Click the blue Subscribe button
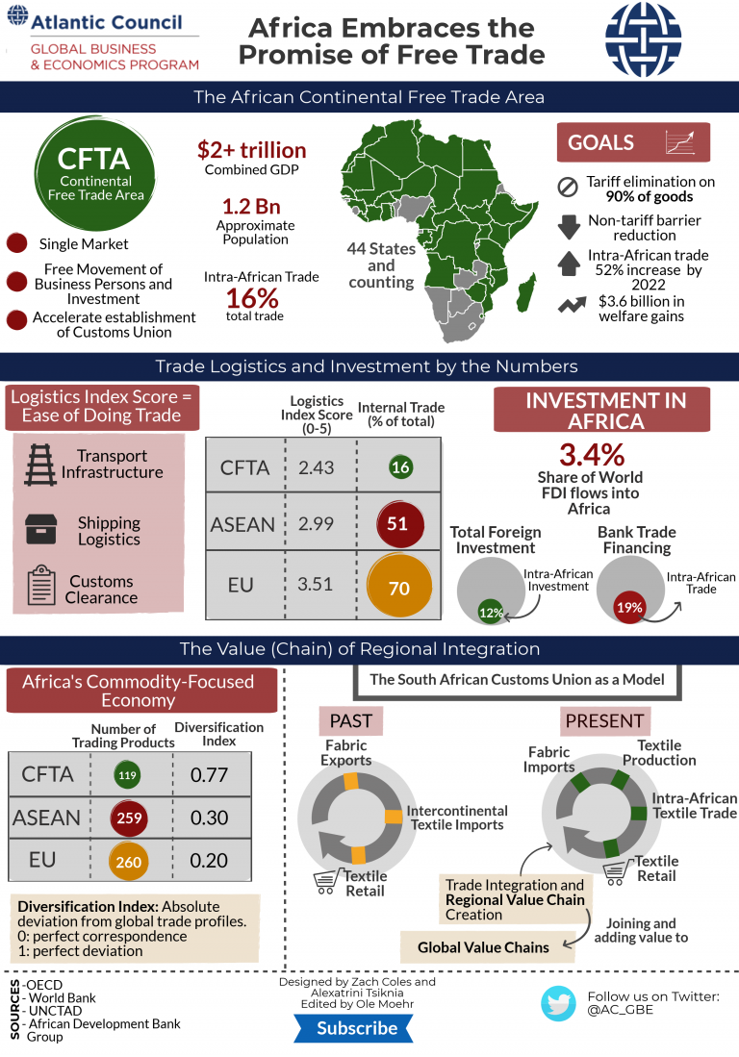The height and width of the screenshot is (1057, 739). point(357,1028)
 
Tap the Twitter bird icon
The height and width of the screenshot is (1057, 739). point(558,1002)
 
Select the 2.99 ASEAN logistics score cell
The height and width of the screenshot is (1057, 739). point(317,524)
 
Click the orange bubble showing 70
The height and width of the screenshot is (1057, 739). point(399,584)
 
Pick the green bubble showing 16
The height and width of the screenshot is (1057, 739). point(400,467)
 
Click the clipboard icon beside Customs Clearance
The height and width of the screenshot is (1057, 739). point(39,586)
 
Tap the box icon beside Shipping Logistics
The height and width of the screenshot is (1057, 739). point(40,528)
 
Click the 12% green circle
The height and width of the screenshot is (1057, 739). point(492,613)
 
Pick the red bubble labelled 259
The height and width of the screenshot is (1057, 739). point(128,818)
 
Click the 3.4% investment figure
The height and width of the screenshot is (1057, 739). point(592,454)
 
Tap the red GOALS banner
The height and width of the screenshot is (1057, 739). point(633,142)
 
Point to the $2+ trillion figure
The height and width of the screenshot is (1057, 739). point(252,150)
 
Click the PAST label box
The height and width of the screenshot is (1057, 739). point(350,719)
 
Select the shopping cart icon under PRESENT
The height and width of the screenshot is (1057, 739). point(616,870)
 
